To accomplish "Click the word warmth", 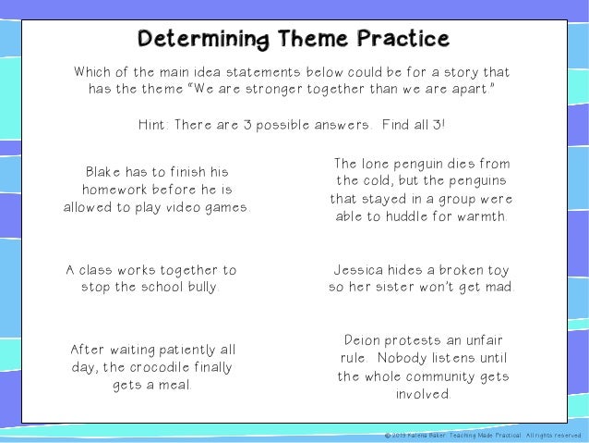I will [478, 216].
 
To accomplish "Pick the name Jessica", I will [361, 270].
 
